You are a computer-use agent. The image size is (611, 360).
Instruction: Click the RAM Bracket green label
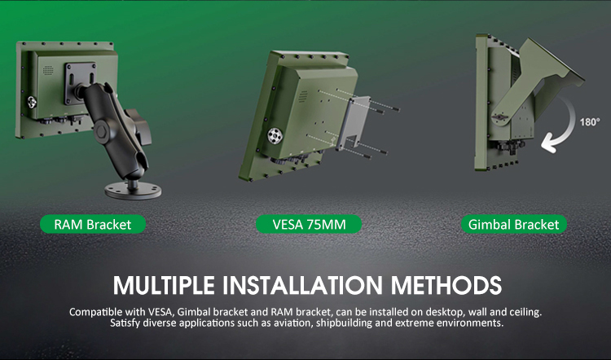pos(93,225)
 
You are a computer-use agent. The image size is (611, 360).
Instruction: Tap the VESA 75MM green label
pos(309,225)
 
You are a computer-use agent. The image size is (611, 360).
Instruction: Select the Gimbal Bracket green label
pos(513,225)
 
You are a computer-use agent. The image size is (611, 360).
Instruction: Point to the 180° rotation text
pos(590,122)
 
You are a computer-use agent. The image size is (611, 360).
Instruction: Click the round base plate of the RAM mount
pos(133,191)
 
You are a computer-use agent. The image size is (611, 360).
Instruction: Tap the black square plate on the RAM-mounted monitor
pos(81,83)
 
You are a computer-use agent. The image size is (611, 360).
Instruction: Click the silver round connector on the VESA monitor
pos(275,136)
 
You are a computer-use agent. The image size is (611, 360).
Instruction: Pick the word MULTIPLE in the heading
pos(164,285)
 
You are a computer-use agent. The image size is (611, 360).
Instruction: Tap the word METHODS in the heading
pos(446,285)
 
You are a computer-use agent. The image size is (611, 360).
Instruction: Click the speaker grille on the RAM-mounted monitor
pos(48,70)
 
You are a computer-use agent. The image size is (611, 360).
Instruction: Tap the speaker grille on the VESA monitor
pos(303,96)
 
